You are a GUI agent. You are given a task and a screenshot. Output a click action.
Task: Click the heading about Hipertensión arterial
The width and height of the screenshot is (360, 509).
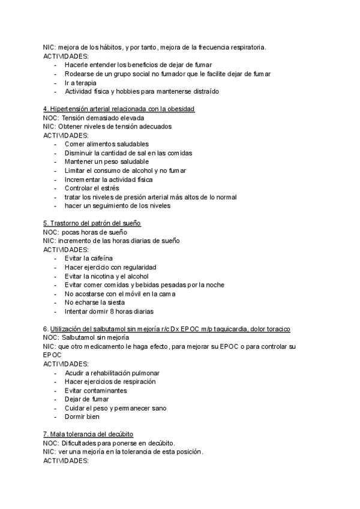click(x=119, y=109)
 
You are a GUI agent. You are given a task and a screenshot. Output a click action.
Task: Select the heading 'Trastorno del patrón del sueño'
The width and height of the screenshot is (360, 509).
click(x=92, y=223)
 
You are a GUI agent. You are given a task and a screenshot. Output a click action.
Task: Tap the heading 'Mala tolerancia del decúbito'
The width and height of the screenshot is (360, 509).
click(x=88, y=434)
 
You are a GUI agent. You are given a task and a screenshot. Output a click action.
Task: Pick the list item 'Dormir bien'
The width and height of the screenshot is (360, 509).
click(x=82, y=417)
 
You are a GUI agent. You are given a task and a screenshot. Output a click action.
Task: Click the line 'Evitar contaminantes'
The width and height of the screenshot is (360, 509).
click(x=95, y=390)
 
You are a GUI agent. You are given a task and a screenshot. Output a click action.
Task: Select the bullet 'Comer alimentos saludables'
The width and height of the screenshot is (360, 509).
click(x=107, y=144)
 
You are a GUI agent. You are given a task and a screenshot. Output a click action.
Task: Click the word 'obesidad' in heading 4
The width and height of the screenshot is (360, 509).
click(x=181, y=109)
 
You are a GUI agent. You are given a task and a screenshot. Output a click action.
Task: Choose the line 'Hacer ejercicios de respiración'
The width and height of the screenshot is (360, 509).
click(x=110, y=381)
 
